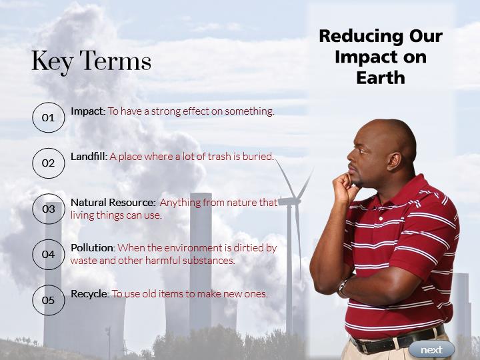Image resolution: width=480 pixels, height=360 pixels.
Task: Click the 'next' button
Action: [431, 349]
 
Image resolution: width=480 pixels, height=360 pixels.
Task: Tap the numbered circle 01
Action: [49, 117]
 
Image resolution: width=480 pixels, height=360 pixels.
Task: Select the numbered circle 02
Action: [49, 163]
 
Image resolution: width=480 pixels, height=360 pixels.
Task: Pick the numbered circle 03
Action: [49, 209]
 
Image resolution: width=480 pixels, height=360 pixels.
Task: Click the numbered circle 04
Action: [49, 255]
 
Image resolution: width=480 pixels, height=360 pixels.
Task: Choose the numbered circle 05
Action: [49, 300]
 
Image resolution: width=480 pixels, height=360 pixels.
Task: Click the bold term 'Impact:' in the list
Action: [88, 111]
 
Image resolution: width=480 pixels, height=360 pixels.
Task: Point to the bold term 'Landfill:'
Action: [89, 157]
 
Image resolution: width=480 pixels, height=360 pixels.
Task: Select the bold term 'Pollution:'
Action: [93, 247]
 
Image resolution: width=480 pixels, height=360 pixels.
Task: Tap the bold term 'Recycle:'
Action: [90, 294]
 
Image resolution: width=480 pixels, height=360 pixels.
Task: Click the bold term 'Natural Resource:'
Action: [113, 203]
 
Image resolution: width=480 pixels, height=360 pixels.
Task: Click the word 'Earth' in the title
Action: [381, 77]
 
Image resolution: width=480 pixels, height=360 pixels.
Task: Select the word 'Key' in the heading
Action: [53, 62]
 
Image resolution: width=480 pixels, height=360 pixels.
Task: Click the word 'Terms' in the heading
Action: [115, 61]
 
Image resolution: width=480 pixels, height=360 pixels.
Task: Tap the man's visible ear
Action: [393, 161]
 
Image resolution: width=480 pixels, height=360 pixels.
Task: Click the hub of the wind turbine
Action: [295, 201]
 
